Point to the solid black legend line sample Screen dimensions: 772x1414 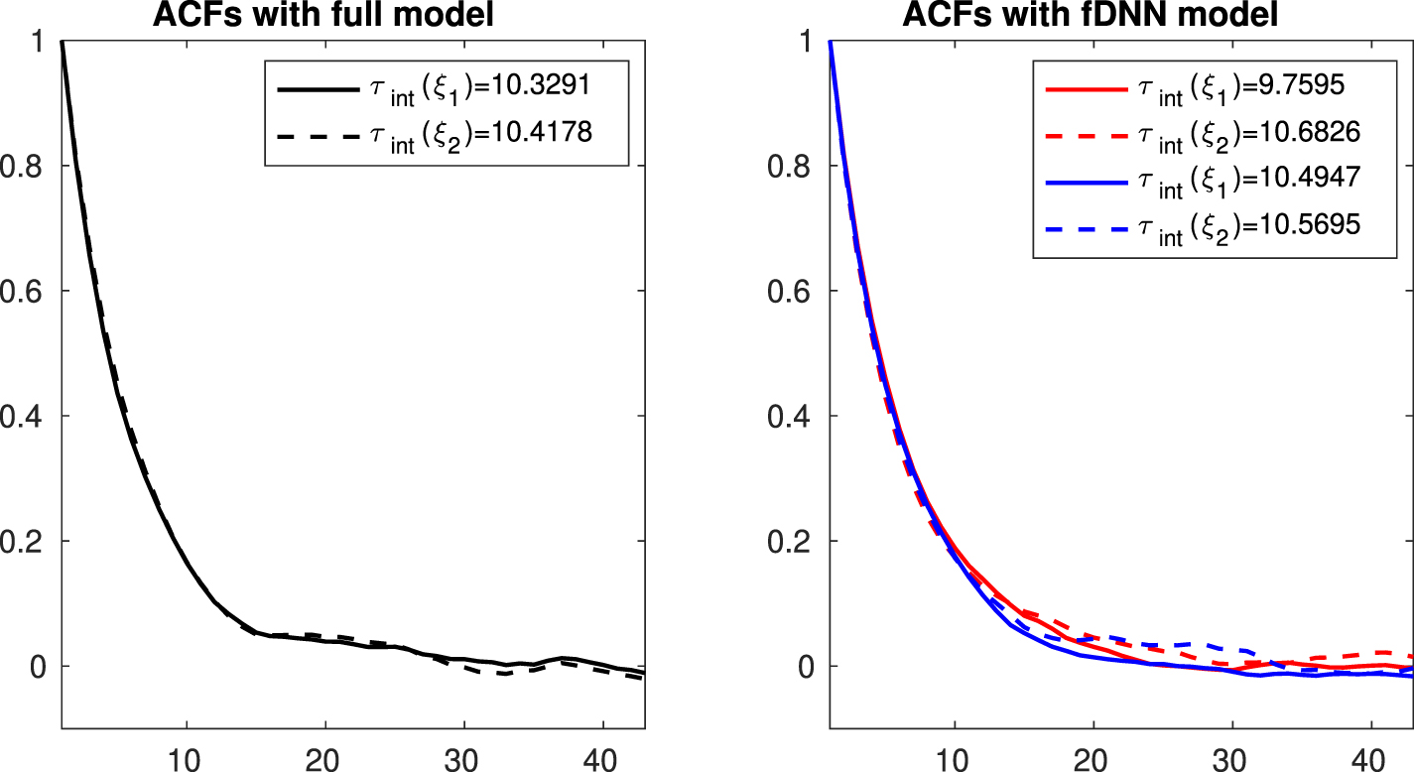[317, 89]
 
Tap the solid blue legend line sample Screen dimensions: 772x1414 [1087, 184]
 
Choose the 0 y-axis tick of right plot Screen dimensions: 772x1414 [807, 666]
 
